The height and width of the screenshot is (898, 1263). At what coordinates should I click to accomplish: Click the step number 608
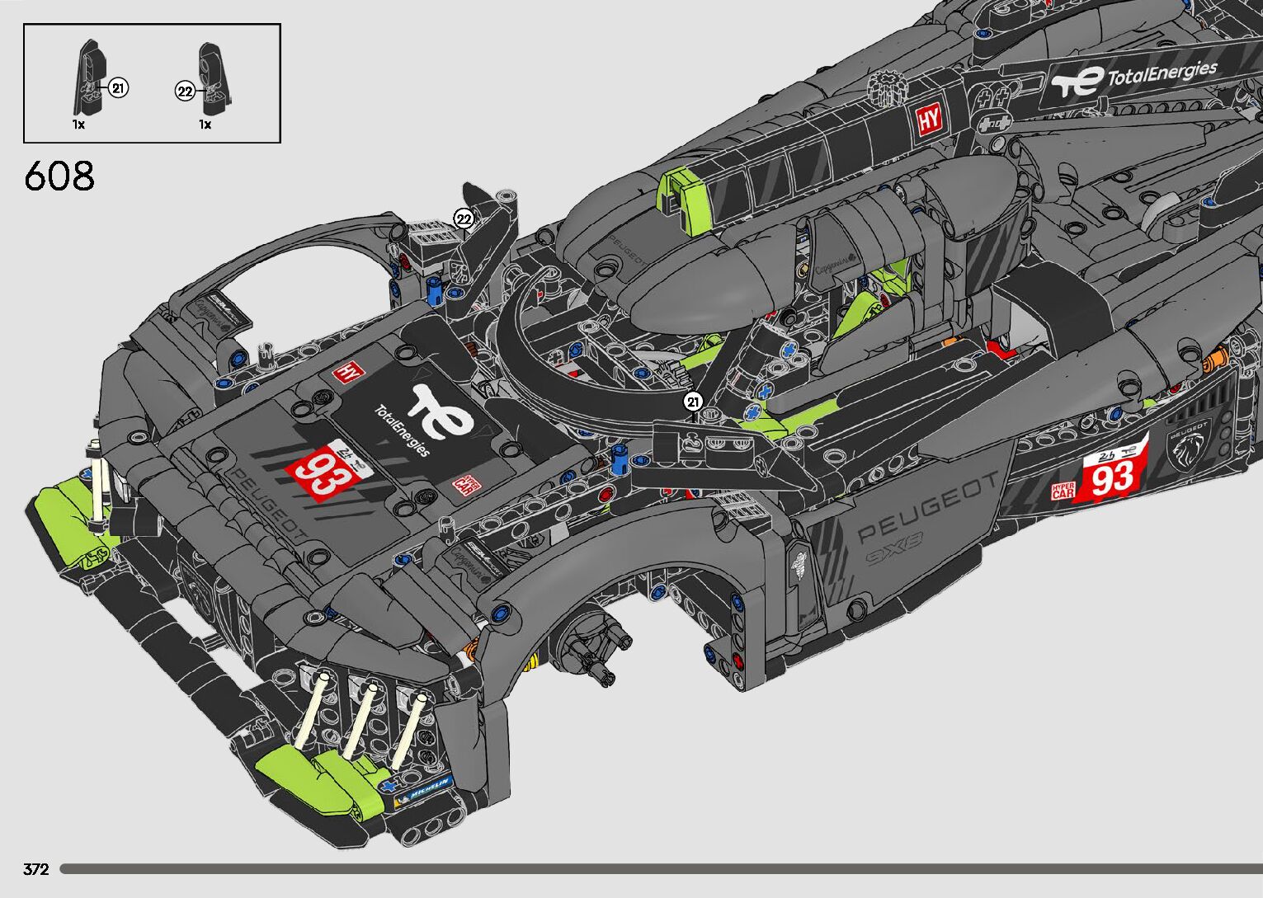59,176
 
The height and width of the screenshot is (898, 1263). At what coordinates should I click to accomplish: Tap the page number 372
36,869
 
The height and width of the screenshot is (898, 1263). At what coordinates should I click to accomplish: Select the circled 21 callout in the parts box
118,87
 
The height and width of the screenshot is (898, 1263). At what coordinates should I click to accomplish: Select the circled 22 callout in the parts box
185,92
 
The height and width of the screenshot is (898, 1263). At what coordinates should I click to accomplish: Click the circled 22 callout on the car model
464,219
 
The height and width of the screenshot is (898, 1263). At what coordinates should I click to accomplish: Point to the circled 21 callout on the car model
692,402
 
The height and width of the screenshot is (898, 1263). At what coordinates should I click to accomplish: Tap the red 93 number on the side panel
1113,477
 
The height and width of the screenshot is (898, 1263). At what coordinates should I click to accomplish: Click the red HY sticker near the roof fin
929,120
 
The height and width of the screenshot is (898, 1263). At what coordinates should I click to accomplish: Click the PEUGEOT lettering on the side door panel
926,508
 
